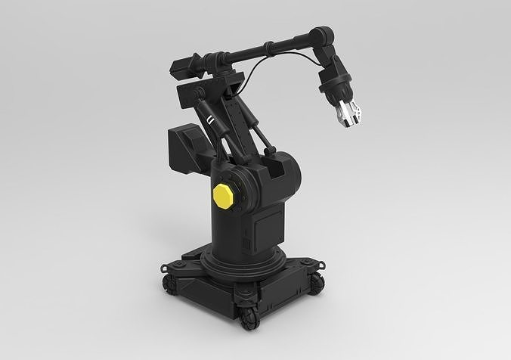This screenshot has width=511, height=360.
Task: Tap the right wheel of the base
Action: pos(317,282)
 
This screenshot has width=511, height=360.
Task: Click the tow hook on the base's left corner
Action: pos(163,266)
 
